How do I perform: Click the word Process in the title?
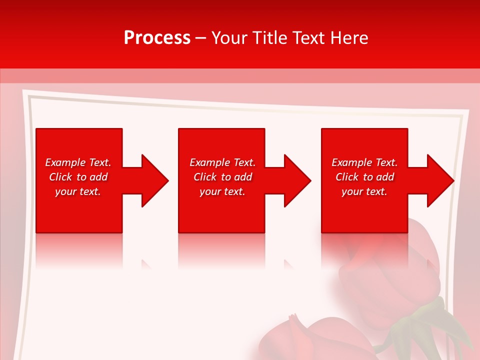[x=157, y=38]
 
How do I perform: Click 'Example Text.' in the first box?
[x=78, y=162]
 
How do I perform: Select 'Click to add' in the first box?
[x=78, y=177]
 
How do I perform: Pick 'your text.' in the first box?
[x=78, y=191]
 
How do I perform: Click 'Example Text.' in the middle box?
[x=222, y=162]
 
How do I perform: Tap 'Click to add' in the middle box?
[x=222, y=177]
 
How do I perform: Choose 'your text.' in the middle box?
[x=222, y=191]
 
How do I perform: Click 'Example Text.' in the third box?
[x=364, y=162]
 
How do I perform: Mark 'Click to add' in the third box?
[x=364, y=177]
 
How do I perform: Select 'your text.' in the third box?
[x=364, y=191]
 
